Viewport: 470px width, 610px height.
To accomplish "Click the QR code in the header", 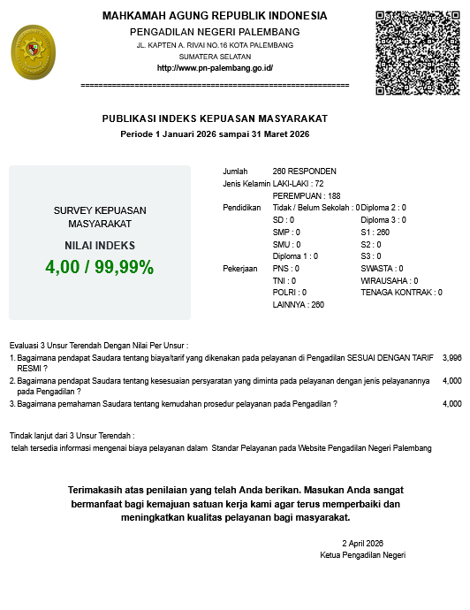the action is (x=418, y=53).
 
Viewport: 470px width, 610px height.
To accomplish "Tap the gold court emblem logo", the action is (x=31, y=52).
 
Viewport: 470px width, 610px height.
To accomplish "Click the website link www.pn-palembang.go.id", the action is (x=215, y=68).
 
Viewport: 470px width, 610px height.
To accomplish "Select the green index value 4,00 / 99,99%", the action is (x=100, y=266).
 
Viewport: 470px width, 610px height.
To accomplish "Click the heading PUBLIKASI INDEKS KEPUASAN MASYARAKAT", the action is (x=215, y=118).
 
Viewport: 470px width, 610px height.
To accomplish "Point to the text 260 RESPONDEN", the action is (x=305, y=172).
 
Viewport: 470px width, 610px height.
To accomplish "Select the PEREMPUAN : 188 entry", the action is (x=307, y=195).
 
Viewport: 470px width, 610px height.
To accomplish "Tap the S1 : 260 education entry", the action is (x=375, y=232).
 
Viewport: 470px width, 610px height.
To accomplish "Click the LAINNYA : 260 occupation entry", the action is (x=299, y=304).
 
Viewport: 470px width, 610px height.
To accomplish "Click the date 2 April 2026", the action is (x=363, y=543).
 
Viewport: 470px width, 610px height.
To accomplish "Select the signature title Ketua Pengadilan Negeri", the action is (x=362, y=554).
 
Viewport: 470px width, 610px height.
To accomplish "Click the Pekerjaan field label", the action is (x=240, y=268).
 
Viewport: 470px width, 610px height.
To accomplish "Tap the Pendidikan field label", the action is (x=242, y=208).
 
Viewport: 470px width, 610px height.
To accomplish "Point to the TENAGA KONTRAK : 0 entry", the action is (x=401, y=292).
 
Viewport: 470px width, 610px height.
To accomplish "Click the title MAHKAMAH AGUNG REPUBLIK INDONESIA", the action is (x=215, y=16).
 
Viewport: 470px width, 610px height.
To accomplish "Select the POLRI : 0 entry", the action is (x=290, y=292).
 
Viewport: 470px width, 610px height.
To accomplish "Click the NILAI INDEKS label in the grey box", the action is (x=100, y=246).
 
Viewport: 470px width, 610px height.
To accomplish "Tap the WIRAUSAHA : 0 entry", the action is (x=390, y=280).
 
